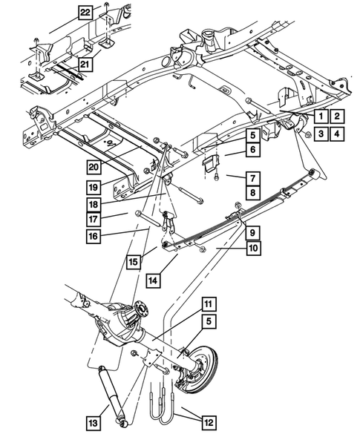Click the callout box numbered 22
tap(87, 13)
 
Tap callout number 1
tap(318, 116)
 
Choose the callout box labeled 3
tap(318, 134)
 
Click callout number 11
tap(209, 303)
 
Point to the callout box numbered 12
tap(207, 420)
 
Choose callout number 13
tap(93, 422)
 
